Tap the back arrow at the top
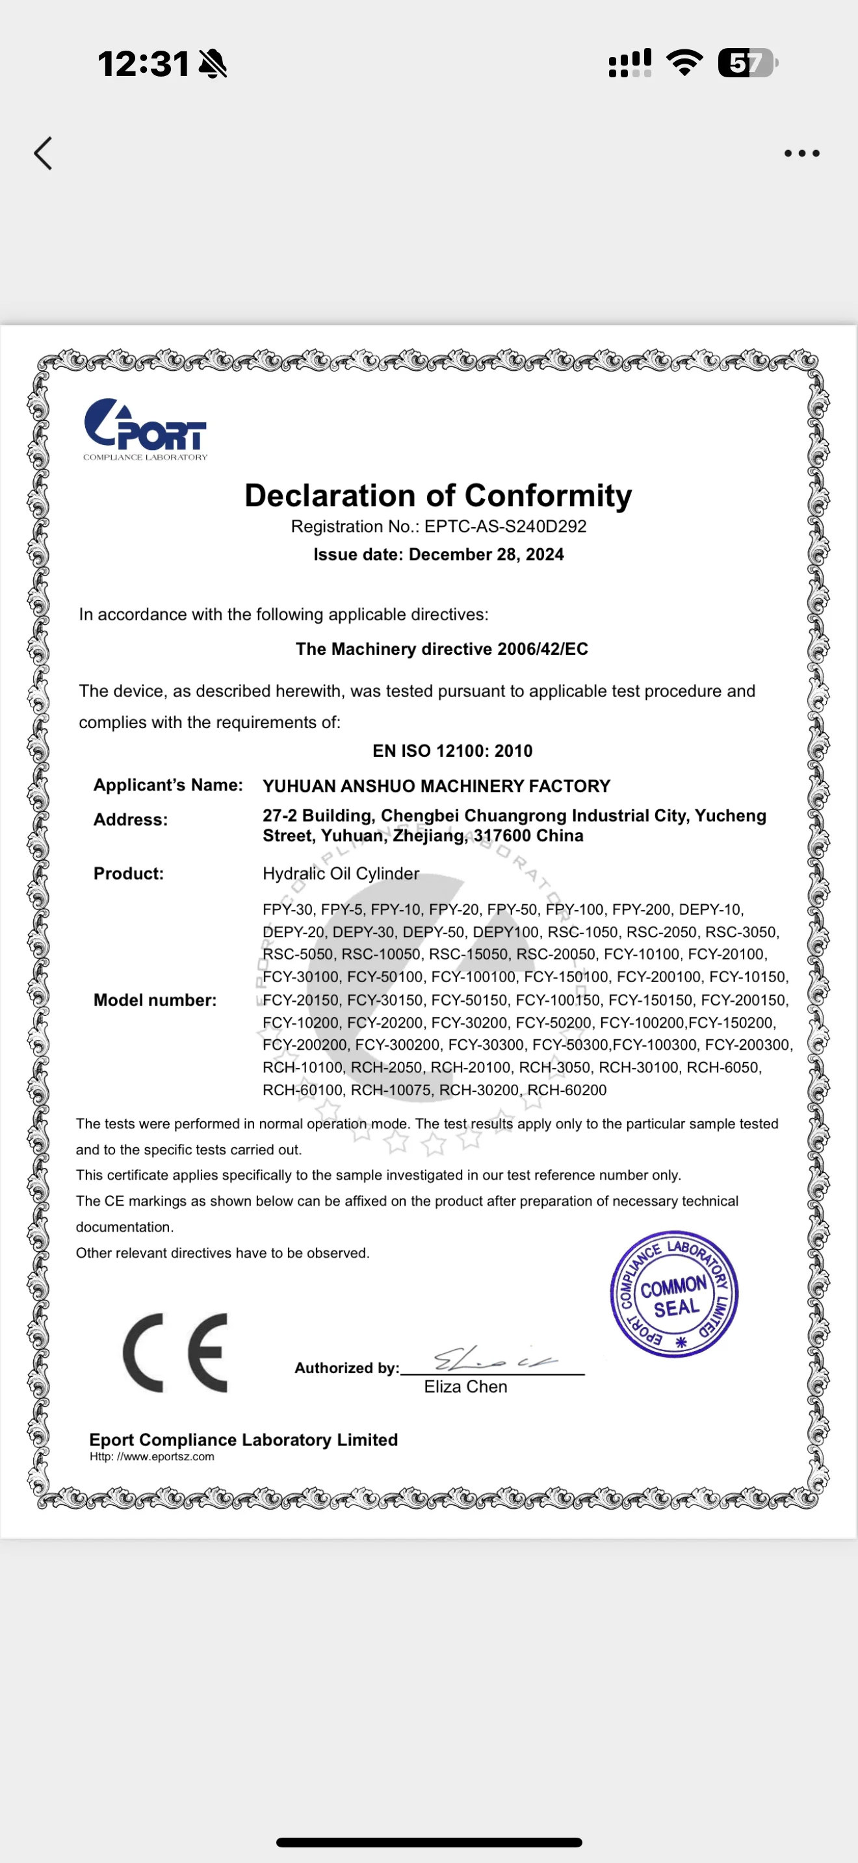pyautogui.click(x=44, y=153)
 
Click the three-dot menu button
pyautogui.click(x=801, y=153)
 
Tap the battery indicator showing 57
pyautogui.click(x=747, y=63)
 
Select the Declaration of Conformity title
pyautogui.click(x=437, y=496)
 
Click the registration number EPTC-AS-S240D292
pyautogui.click(x=505, y=527)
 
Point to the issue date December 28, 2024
pyautogui.click(x=486, y=555)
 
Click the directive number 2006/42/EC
pyautogui.click(x=543, y=649)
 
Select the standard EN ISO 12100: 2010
pyautogui.click(x=452, y=751)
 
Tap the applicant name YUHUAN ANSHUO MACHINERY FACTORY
pyautogui.click(x=436, y=786)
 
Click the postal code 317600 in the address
pyautogui.click(x=504, y=836)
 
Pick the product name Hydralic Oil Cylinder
pyautogui.click(x=341, y=874)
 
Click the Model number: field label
pyautogui.click(x=155, y=1000)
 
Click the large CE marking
pyautogui.click(x=175, y=1352)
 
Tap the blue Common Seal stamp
pyautogui.click(x=673, y=1295)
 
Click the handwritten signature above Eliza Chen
pyautogui.click(x=492, y=1360)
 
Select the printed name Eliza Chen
pyautogui.click(x=465, y=1387)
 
